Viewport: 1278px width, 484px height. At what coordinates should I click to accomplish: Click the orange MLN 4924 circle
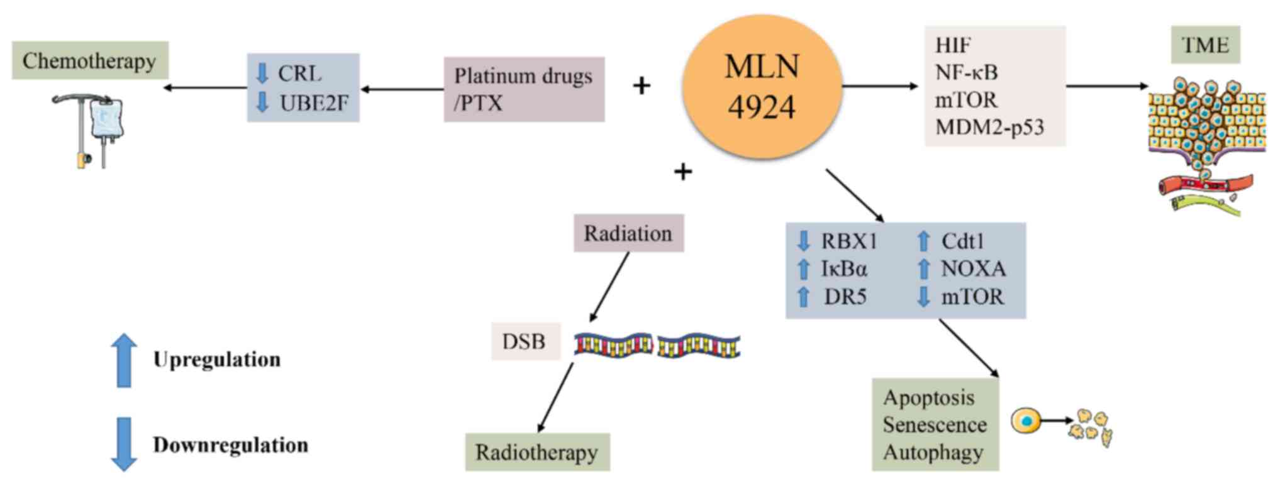pos(762,87)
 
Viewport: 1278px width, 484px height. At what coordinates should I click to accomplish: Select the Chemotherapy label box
pos(90,61)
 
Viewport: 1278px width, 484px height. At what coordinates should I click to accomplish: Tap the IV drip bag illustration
pos(106,119)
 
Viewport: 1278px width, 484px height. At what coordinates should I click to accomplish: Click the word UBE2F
pos(313,102)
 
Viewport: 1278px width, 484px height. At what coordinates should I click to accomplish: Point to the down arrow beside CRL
pos(262,73)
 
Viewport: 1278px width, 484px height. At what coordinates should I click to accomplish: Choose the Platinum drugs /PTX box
pos(524,89)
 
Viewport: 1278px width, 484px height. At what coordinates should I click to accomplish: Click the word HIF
pos(952,45)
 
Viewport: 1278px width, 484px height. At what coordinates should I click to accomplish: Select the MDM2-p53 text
pos(989,127)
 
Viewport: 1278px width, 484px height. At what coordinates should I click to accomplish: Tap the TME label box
pos(1205,45)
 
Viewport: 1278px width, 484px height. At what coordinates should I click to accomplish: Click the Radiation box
pos(628,233)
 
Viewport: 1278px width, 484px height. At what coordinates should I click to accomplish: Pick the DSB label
pos(525,341)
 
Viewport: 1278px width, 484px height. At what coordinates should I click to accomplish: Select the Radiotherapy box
pos(537,452)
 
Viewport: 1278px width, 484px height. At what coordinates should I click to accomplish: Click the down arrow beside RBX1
pos(803,241)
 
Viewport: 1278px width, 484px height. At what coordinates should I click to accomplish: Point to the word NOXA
pos(973,269)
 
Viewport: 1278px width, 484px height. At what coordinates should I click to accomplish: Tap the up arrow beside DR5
pos(803,297)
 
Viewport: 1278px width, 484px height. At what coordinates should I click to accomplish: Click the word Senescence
pos(934,425)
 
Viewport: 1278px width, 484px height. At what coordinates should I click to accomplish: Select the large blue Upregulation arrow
pos(124,360)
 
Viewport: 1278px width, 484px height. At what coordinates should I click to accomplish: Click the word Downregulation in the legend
pos(230,445)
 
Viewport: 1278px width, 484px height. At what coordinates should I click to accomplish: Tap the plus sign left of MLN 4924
pos(642,85)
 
